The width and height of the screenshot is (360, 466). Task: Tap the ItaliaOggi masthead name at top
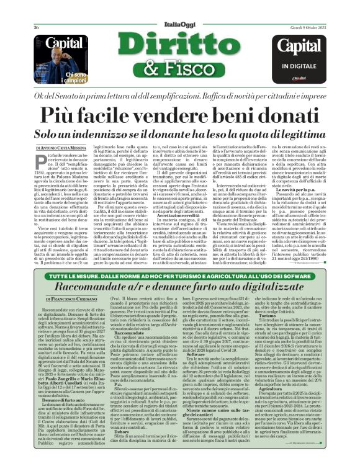coord(180,11)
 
